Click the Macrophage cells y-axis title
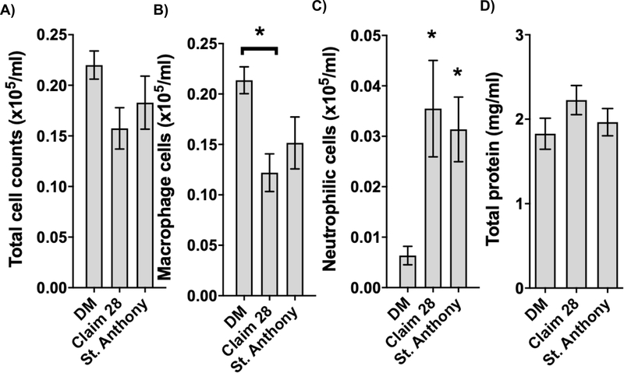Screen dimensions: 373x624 click(166, 164)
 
